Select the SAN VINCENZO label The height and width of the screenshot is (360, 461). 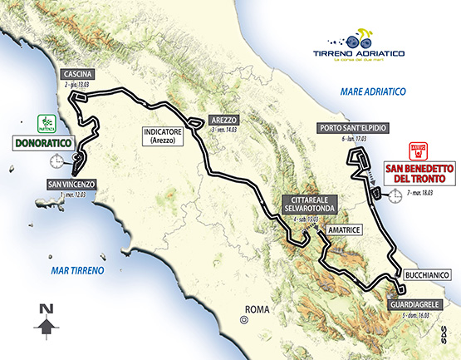pyautogui.click(x=72, y=184)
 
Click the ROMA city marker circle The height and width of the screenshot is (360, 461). pyautogui.click(x=244, y=317)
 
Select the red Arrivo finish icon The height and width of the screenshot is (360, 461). pyautogui.click(x=417, y=151)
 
